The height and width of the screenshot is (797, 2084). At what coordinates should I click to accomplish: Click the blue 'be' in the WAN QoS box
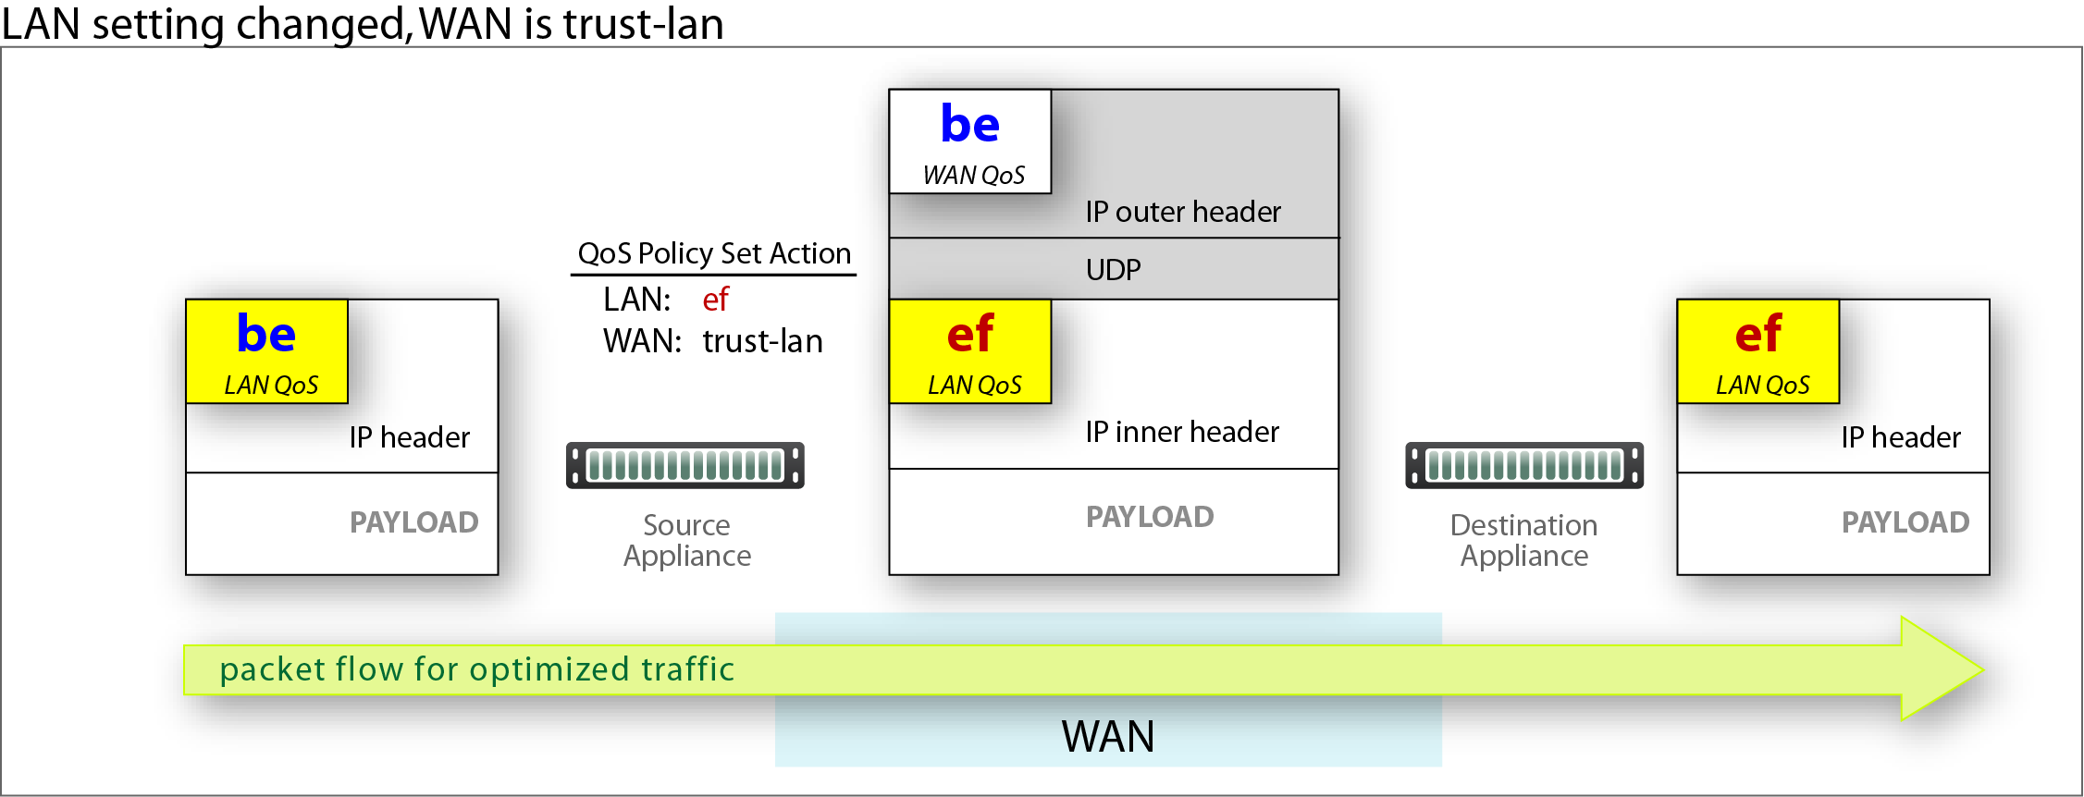point(969,124)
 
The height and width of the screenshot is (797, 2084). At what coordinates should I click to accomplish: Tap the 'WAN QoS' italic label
point(973,176)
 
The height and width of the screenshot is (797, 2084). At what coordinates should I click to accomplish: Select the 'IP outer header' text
point(1183,212)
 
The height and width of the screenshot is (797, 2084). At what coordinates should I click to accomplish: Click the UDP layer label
point(1113,270)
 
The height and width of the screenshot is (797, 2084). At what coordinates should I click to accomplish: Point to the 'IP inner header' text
point(1182,432)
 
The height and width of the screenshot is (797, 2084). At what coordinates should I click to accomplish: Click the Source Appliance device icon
point(685,465)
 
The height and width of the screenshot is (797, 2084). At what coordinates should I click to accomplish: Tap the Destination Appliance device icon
point(1524,465)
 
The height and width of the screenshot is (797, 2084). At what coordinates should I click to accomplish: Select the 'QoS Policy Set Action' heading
point(714,253)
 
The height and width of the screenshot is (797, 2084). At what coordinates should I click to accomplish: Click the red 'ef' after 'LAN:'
point(715,300)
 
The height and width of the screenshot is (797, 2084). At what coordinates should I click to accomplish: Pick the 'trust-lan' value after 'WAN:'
point(762,341)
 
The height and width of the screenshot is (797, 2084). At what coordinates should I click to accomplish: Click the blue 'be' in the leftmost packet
point(266,334)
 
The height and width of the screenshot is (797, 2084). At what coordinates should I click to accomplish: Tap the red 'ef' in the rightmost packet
point(1757,334)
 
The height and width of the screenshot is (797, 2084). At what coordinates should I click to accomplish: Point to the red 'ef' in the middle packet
point(969,334)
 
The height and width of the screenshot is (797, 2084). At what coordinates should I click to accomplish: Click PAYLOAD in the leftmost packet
point(413,522)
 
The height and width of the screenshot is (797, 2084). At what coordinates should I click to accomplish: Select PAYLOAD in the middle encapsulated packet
point(1150,517)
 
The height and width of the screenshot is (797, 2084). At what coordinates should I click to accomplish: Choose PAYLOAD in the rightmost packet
point(1905,522)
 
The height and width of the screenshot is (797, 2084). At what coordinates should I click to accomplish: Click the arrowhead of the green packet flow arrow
point(1981,668)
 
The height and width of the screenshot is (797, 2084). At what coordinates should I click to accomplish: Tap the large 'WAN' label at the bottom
point(1108,737)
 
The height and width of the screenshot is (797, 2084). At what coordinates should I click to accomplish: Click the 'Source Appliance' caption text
point(686,540)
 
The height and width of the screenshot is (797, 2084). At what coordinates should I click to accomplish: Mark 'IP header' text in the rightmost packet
point(1901,437)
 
